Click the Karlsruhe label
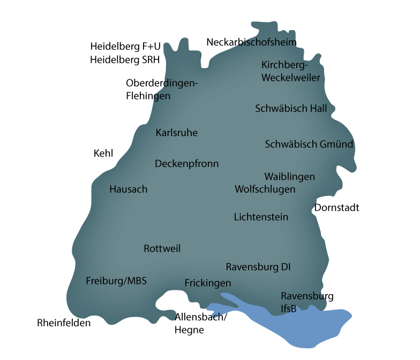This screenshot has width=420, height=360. [x=176, y=133]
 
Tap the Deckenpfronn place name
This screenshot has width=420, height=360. [x=186, y=164]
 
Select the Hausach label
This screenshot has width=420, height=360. [x=128, y=189]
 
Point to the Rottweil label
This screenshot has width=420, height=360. [x=162, y=249]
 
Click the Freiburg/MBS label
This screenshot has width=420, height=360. [x=116, y=281]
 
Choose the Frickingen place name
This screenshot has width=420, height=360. [x=207, y=283]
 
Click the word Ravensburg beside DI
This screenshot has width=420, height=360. [x=248, y=267]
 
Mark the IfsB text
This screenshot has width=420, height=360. [x=288, y=309]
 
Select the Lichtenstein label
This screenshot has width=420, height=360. [x=261, y=217]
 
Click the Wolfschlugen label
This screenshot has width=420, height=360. [x=265, y=189]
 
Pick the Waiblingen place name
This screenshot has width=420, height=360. [x=289, y=177]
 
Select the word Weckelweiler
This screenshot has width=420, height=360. [x=290, y=78]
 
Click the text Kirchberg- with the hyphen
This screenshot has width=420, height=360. [x=285, y=65]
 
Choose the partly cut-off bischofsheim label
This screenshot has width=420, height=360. [x=266, y=42]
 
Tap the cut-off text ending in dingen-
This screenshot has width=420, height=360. [x=179, y=84]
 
